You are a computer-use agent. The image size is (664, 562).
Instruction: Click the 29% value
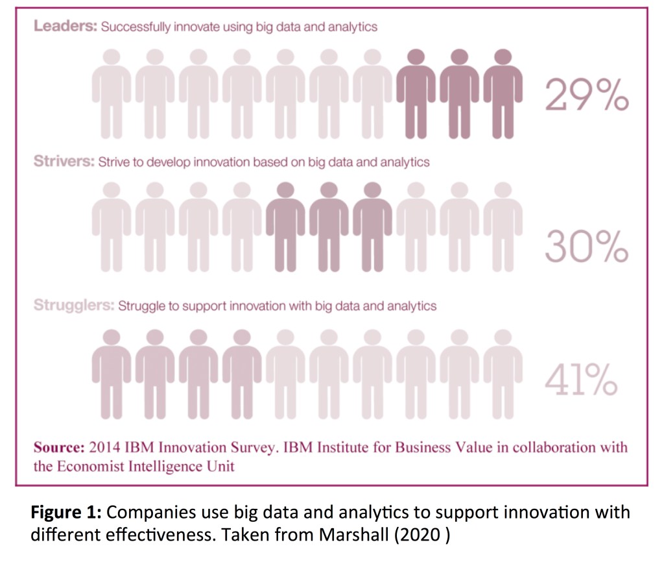pyautogui.click(x=586, y=96)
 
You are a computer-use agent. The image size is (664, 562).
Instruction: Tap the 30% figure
pyautogui.click(x=586, y=246)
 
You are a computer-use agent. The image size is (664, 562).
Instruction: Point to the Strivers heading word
pyautogui.click(x=64, y=162)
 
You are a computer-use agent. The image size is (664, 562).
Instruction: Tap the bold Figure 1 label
pyautogui.click(x=65, y=513)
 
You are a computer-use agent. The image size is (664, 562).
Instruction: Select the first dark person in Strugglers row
pyautogui.click(x=112, y=373)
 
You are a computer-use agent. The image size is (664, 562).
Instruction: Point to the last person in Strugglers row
pyautogui.click(x=503, y=373)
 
